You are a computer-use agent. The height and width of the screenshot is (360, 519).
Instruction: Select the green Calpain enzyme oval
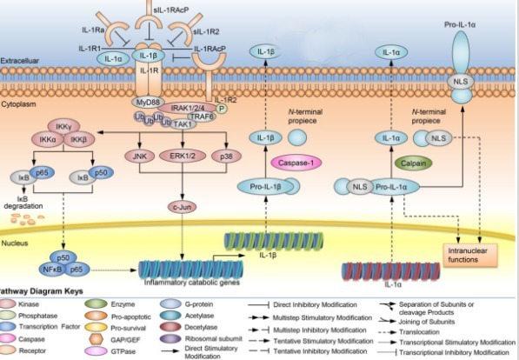(x=410, y=163)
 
